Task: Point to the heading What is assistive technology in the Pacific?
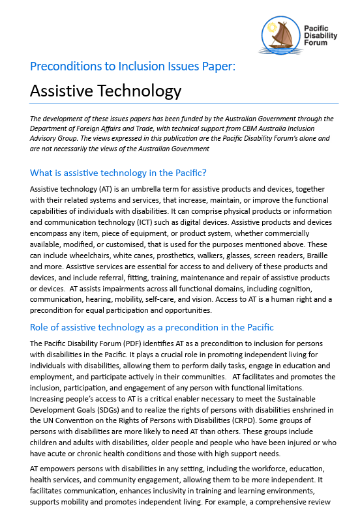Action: [x=118, y=173]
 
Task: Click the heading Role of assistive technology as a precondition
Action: [x=151, y=327]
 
